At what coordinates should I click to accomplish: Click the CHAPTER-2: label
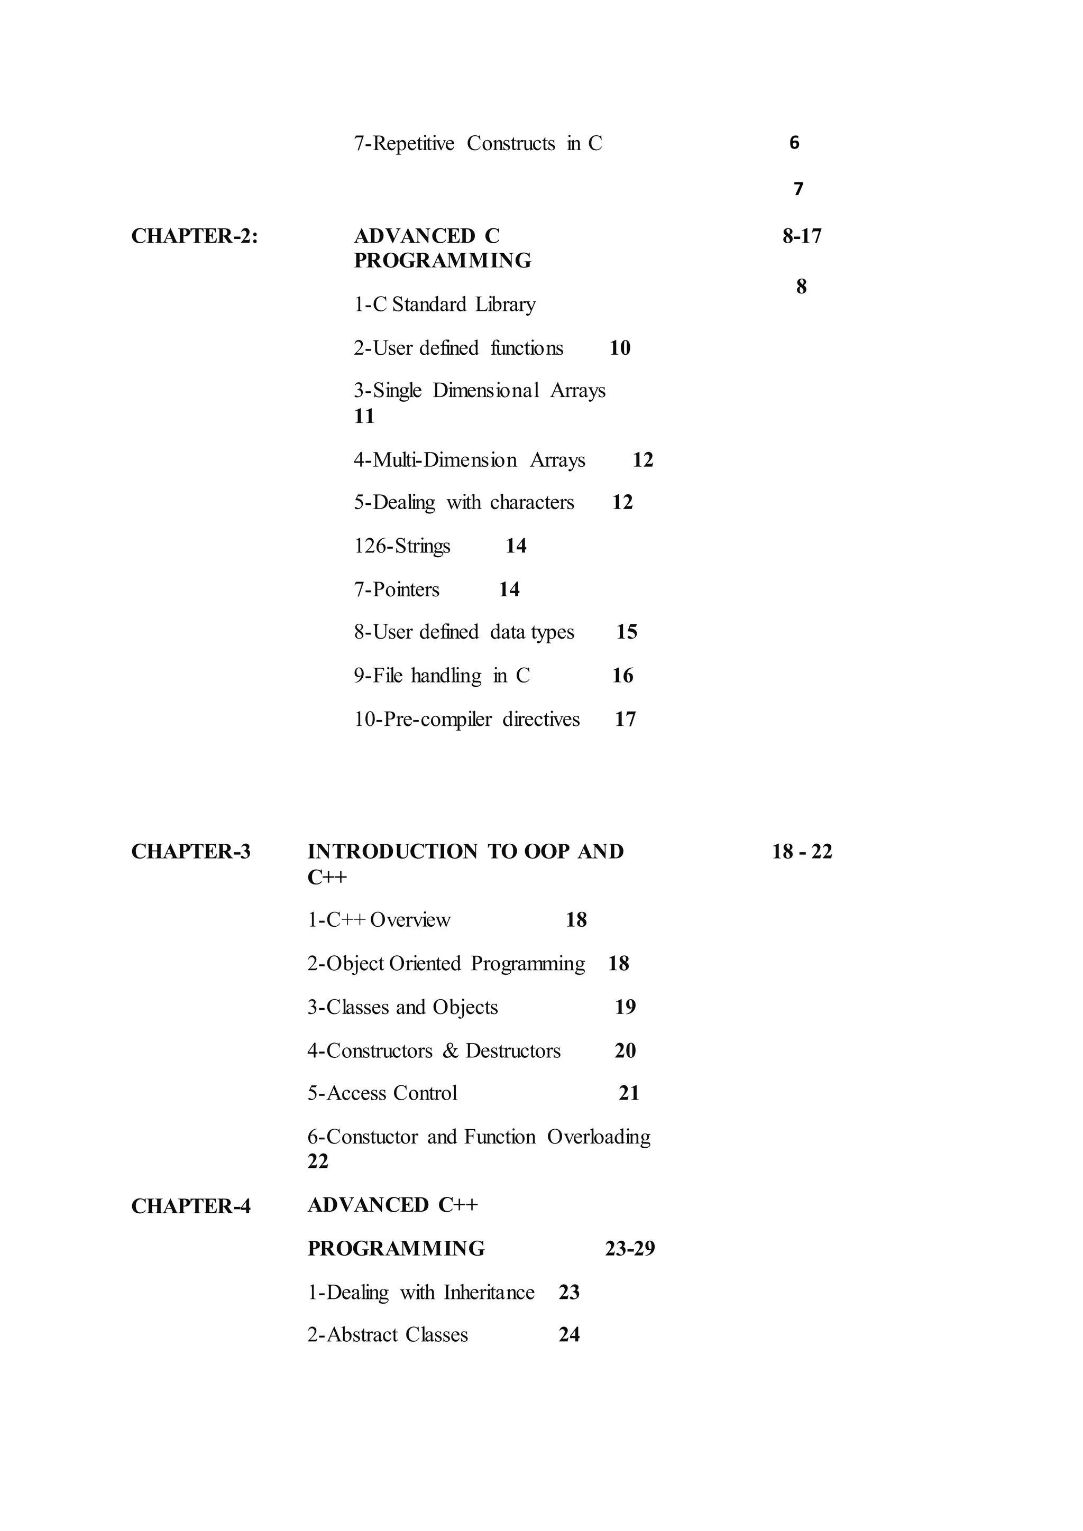[194, 236]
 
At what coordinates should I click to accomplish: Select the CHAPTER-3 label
[191, 852]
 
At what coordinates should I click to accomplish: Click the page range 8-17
[802, 236]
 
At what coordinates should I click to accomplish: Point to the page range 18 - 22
[802, 852]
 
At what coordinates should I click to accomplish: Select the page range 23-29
[629, 1248]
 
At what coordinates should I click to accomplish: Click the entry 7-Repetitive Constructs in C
[478, 143]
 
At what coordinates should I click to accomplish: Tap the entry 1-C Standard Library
[444, 305]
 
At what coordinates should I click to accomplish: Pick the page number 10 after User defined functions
[620, 348]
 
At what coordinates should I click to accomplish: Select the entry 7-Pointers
[396, 589]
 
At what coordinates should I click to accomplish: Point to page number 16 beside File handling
[622, 676]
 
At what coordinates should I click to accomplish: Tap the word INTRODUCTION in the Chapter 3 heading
[392, 852]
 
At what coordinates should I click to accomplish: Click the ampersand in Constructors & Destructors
[451, 1051]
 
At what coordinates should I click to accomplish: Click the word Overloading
[598, 1137]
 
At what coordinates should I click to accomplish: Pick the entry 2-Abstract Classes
[388, 1334]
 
